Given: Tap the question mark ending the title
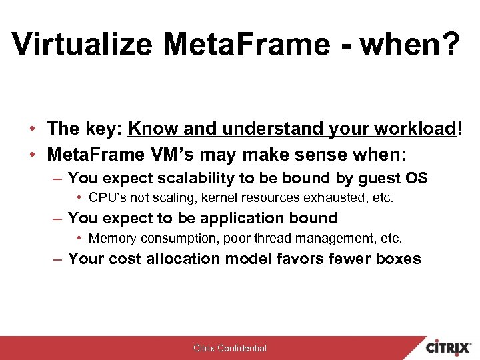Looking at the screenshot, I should pos(449,45).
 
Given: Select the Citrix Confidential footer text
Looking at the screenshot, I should pos(229,348).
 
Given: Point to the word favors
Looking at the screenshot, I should pos(300,259).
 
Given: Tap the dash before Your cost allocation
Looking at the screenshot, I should pos(59,259).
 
